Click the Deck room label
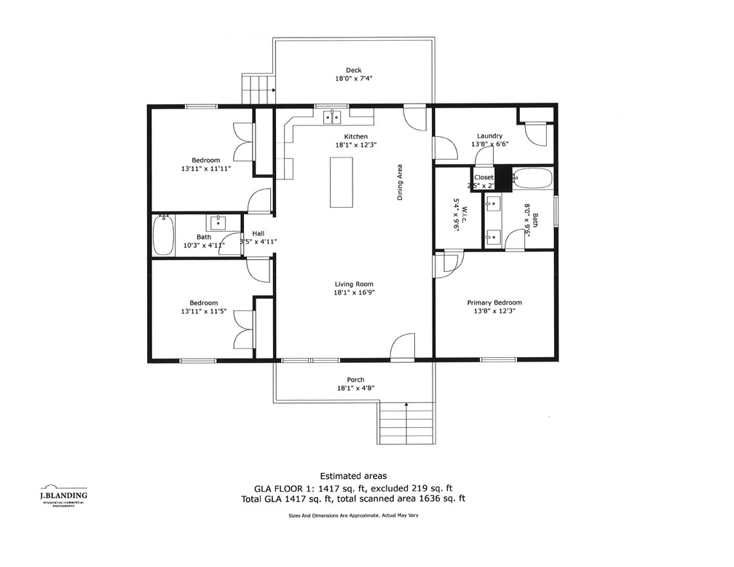tap(354, 71)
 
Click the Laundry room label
tap(489, 136)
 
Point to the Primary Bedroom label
tap(494, 302)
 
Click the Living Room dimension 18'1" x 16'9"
tap(355, 292)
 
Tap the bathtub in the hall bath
tap(163, 235)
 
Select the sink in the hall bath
tap(217, 222)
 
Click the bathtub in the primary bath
tap(532, 179)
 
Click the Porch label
tap(355, 380)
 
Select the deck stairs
tap(258, 90)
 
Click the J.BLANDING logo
tap(63, 496)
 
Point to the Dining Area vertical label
tap(400, 182)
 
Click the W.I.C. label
tap(457, 215)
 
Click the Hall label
tap(258, 233)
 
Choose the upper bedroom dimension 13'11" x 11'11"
tap(206, 169)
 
